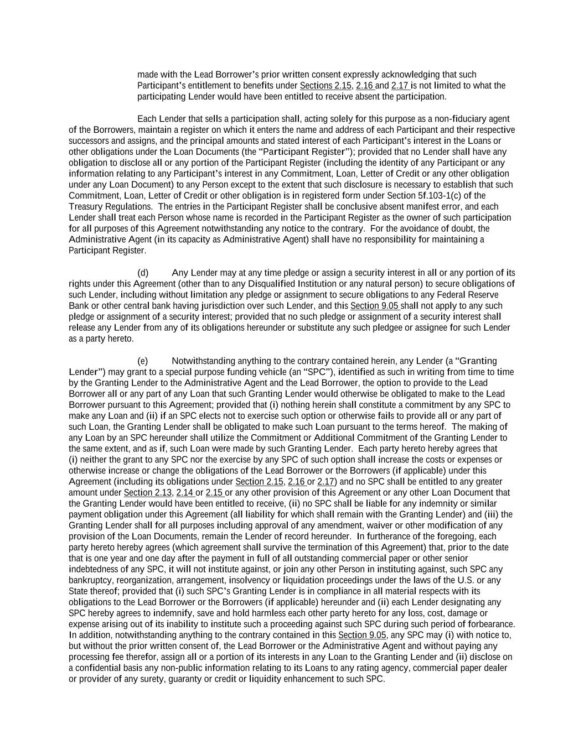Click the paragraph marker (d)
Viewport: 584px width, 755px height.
(x=143, y=273)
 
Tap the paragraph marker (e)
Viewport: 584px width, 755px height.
(x=143, y=361)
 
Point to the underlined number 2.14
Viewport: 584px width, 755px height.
(x=185, y=493)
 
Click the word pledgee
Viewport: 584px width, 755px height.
(x=409, y=328)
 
